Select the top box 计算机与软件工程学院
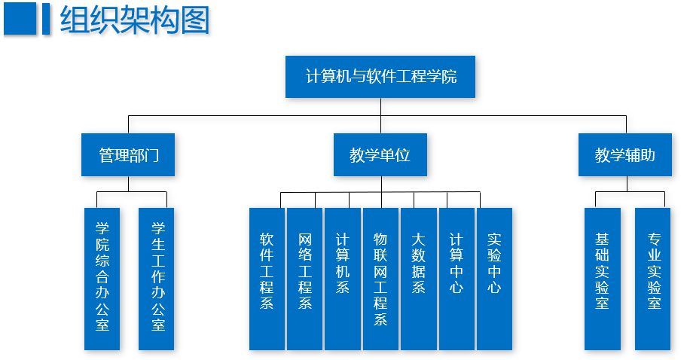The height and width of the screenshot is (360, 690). (380, 77)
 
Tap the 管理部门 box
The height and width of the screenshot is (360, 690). (128, 155)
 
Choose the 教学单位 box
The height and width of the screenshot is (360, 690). (380, 155)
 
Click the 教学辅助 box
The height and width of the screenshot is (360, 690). (625, 155)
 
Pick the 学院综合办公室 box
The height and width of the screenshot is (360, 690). (102, 279)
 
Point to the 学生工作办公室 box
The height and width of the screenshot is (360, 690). (157, 279)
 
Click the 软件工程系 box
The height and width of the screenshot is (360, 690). (267, 279)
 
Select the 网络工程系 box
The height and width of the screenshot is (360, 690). (304, 279)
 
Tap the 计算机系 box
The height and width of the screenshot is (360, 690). (343, 279)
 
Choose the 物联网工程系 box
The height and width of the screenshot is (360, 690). (380, 279)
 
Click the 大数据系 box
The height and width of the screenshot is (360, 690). (418, 279)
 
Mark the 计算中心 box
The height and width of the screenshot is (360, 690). (456, 279)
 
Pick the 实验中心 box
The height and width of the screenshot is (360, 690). (494, 279)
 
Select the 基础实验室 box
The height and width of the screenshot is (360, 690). (602, 279)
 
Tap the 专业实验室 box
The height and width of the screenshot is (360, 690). (653, 279)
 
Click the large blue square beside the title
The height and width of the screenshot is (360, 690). (20, 20)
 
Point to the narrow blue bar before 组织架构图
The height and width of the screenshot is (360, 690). (46, 20)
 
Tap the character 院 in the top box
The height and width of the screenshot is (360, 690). (449, 77)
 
